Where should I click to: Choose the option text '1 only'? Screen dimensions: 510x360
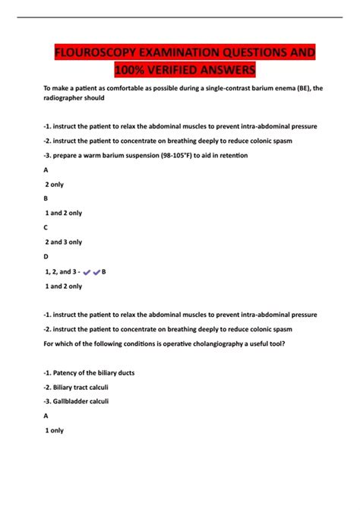(55, 430)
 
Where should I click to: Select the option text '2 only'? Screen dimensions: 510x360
(55, 185)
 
